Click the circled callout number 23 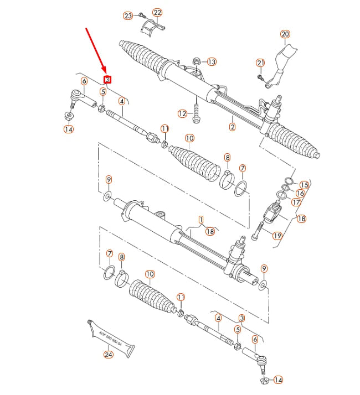click(x=128, y=16)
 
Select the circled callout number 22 click(x=157, y=12)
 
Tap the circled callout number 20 click(x=285, y=34)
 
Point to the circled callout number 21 click(x=261, y=63)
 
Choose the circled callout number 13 click(x=212, y=62)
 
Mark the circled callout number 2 click(x=232, y=127)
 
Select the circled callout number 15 click(x=304, y=184)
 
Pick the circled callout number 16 click(x=300, y=193)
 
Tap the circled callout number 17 click(x=296, y=202)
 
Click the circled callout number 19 click(x=277, y=235)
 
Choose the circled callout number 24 click(x=108, y=355)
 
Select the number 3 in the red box click(x=107, y=80)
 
